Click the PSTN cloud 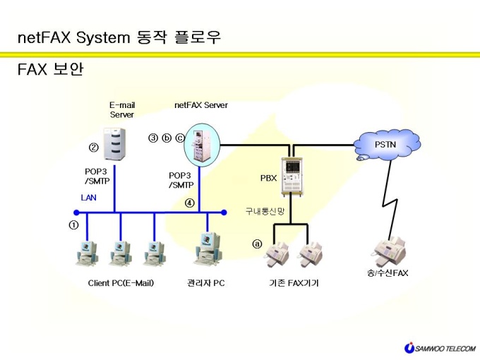388,145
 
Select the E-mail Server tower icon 114,144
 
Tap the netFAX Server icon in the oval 202,145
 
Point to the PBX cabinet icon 292,176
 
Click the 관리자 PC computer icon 208,249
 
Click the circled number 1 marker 73,225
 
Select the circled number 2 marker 94,148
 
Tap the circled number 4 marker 189,203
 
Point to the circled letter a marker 257,244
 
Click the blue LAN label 88,198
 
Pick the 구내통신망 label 265,211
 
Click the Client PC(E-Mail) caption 121,283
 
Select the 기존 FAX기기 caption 294,283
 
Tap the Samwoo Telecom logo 440,348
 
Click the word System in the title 103,38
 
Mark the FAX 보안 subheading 51,69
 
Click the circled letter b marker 167,138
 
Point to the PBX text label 268,178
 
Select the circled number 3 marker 153,138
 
